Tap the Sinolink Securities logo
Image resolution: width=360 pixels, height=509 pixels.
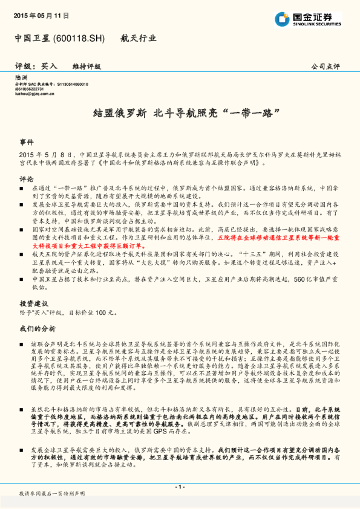(307, 19)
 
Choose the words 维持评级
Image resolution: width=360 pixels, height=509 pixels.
(87, 66)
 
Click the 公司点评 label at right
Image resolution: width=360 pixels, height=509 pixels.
(326, 66)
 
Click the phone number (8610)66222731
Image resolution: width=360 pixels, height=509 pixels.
(30, 89)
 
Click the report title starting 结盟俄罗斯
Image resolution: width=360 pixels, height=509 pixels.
(180, 113)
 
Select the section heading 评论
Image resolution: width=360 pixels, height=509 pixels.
(26, 179)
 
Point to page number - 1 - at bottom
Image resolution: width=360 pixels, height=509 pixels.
(180, 487)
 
